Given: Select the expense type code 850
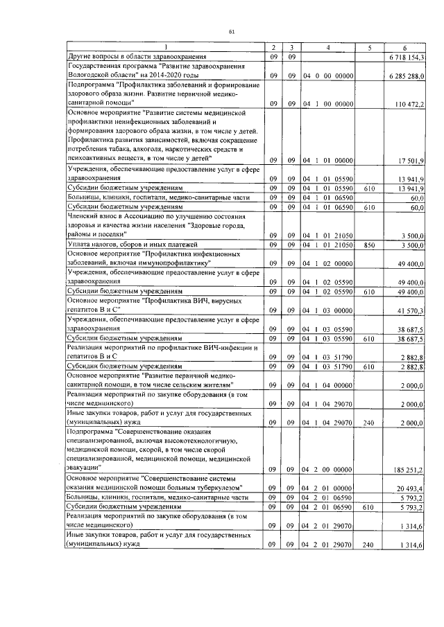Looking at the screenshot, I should (368, 245).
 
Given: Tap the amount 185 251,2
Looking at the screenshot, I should (413, 470).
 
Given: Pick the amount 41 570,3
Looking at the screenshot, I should (415, 310).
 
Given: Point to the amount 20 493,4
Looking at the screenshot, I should (415, 488).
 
